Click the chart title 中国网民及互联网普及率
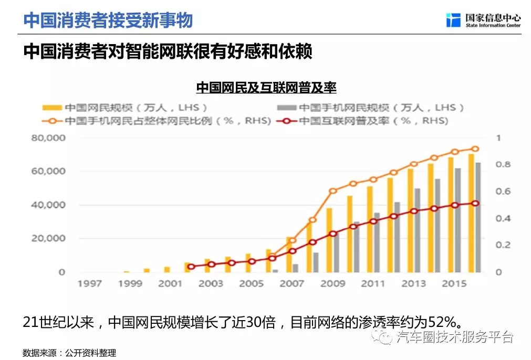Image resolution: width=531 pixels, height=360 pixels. pyautogui.click(x=266, y=87)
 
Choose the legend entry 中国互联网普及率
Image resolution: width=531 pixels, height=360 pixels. pyautogui.click(x=373, y=121)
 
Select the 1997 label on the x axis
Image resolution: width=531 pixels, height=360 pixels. pyautogui.click(x=89, y=284)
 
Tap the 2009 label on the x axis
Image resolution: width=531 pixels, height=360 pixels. pyautogui.click(x=332, y=284)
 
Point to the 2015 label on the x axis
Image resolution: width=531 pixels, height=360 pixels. pyautogui.click(x=454, y=284)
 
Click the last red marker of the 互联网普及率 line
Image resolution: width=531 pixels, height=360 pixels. pyautogui.click(x=475, y=203)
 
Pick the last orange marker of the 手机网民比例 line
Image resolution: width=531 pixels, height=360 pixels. pyautogui.click(x=475, y=149)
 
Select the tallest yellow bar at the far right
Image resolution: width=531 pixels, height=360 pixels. pyautogui.click(x=471, y=213)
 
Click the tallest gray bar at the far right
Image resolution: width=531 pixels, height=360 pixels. pyautogui.click(x=478, y=217)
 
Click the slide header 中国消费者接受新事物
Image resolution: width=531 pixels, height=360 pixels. pyautogui.click(x=108, y=20)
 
